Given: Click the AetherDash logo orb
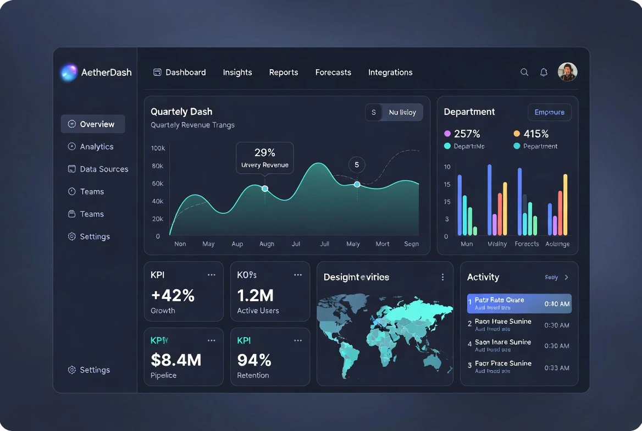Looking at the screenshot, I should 69,73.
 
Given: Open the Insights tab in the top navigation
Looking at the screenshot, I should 237,73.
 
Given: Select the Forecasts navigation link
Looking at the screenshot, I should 333,73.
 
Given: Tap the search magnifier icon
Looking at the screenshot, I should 524,72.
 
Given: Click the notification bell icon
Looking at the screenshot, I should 544,72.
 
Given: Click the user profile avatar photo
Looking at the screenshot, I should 567,72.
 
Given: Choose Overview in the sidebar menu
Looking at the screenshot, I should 93,124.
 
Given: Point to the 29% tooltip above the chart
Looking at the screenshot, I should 264,158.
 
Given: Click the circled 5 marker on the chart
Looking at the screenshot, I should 357,164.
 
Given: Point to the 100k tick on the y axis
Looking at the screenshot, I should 158,148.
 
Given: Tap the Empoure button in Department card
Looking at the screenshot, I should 549,112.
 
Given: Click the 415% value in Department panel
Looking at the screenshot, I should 536,134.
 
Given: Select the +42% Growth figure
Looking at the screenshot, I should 173,296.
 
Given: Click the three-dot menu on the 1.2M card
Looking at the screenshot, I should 298,275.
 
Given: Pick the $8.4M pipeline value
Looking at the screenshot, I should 176,360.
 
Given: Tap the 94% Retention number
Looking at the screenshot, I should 254,360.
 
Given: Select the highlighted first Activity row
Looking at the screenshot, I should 519,303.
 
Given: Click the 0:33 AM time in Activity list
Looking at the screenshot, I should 556,368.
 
